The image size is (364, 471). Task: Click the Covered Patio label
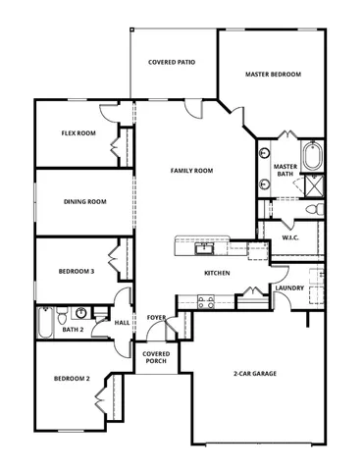pos(171,62)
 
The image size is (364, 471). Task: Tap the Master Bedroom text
pos(272,74)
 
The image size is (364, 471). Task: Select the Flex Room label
pos(78,132)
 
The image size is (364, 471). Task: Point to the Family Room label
pos(191,171)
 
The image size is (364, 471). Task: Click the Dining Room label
pos(84,202)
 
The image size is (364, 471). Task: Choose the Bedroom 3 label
pos(76,271)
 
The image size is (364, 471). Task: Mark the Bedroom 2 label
pos(72,379)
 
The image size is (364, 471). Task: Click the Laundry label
pos(289,288)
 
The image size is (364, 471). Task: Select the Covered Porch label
pos(155,357)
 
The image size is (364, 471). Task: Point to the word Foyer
pos(156,318)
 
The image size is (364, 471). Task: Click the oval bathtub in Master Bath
pos(314,157)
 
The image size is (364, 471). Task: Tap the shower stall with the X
pos(315,185)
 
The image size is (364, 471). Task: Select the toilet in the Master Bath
pos(313,210)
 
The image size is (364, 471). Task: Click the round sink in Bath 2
pos(82,313)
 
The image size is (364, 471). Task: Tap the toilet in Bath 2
pos(62,315)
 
